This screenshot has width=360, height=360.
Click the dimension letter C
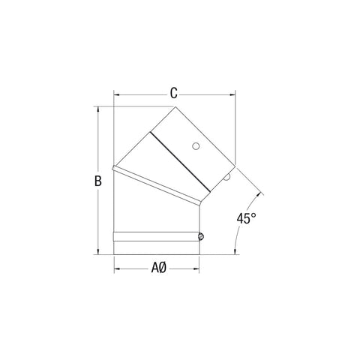point(173,94)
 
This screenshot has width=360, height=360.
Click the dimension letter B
point(97,181)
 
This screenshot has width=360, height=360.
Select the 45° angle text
point(247,220)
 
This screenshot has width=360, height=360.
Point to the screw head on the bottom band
point(201,237)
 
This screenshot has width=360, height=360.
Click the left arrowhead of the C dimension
point(116,95)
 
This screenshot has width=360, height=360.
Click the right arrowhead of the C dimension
point(232,95)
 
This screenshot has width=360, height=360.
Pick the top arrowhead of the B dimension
point(97,109)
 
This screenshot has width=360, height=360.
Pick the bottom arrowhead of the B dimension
point(97,252)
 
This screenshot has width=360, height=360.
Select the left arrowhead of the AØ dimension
point(116,267)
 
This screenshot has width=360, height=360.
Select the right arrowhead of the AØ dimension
point(200,267)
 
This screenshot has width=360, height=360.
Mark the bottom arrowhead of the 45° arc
point(235,253)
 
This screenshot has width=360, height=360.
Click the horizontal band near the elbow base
point(157,237)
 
